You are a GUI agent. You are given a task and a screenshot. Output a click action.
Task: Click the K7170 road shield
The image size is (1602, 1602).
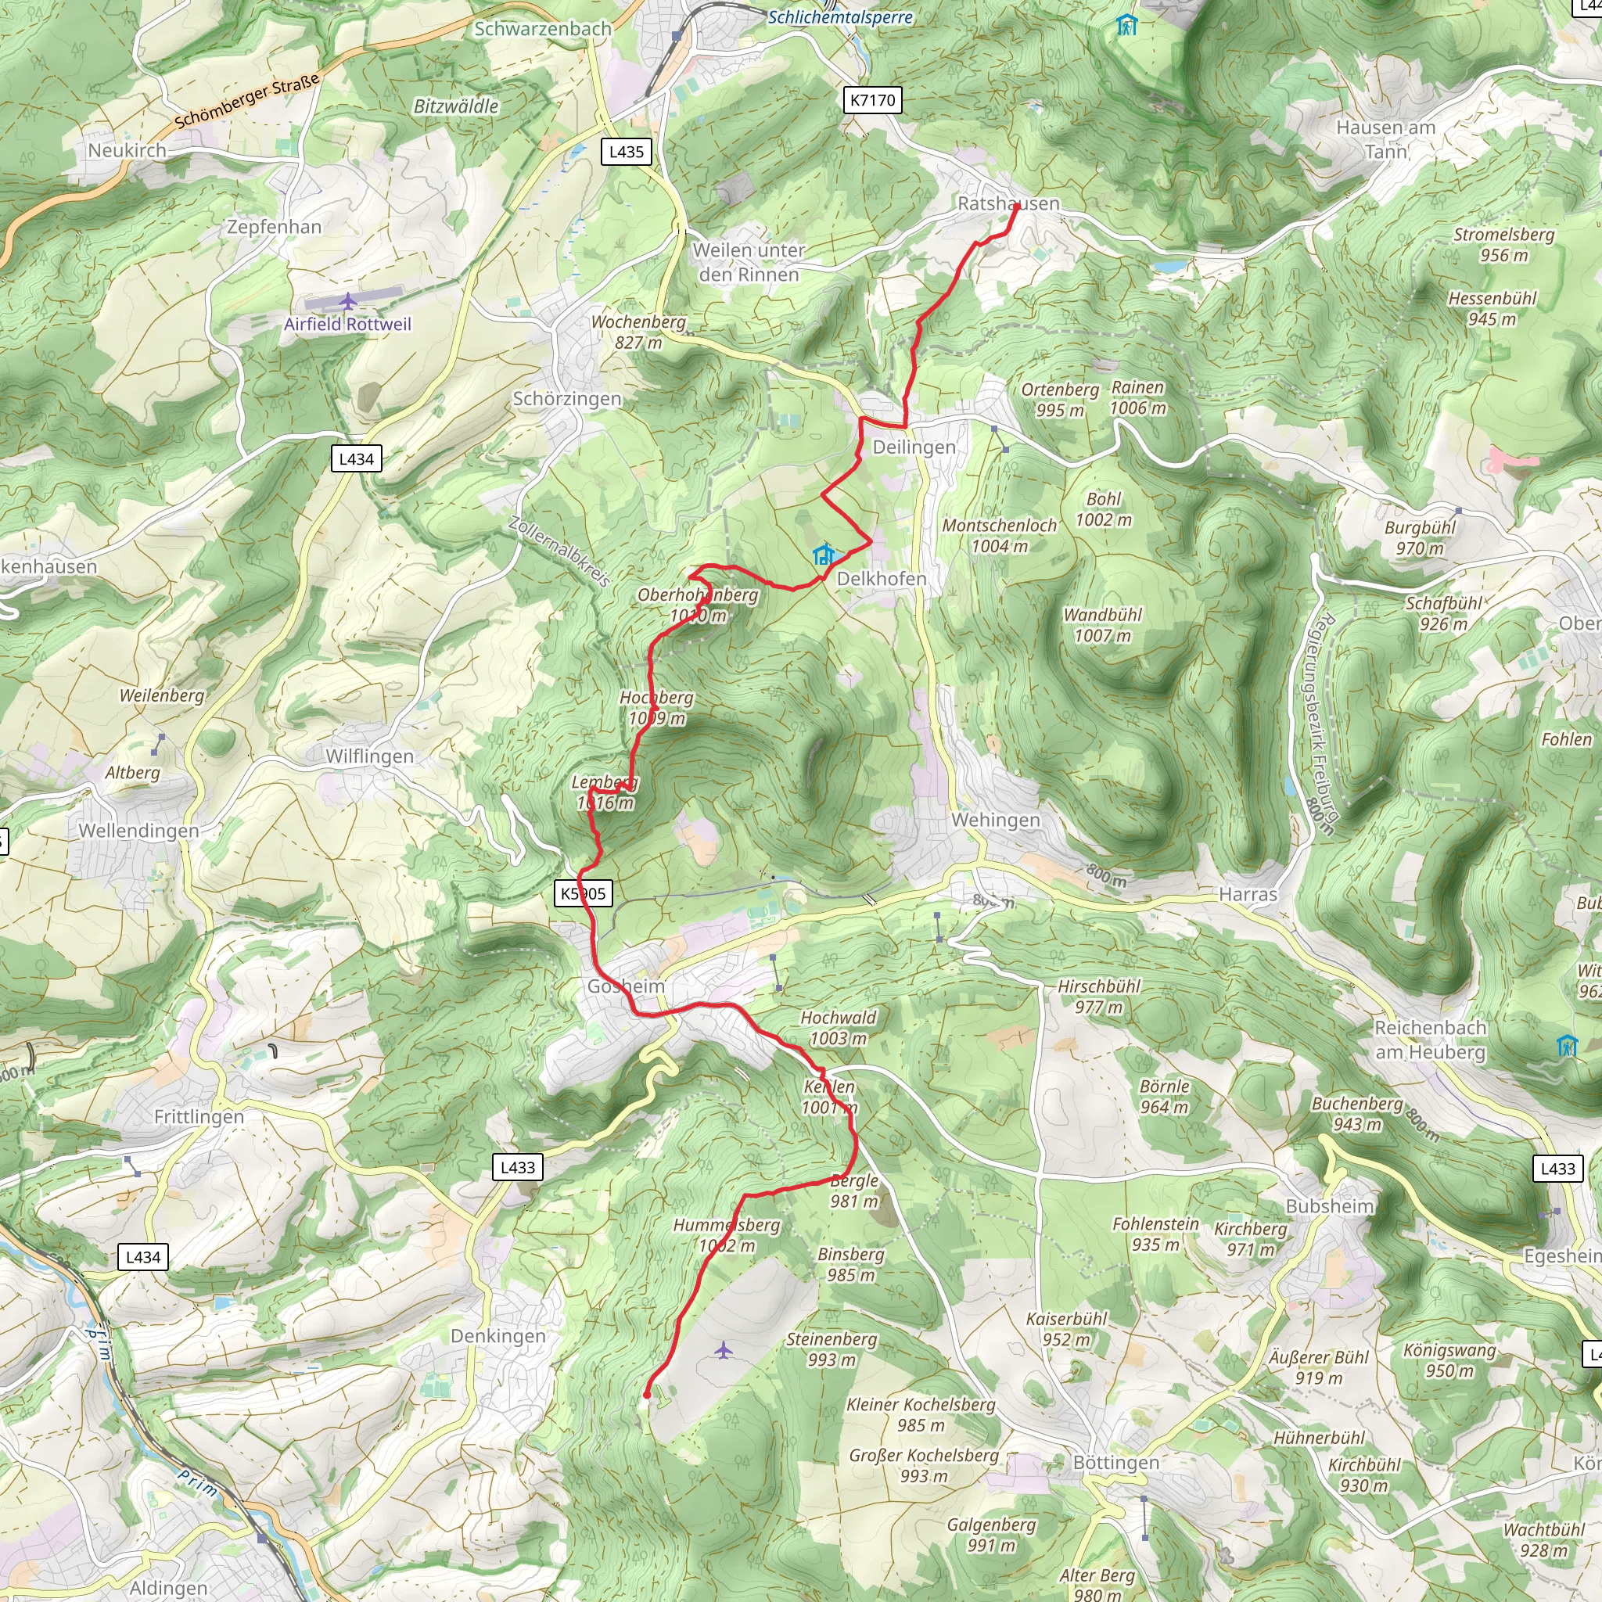click(x=872, y=100)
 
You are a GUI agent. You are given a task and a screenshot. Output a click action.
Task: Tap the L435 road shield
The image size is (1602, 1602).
click(x=626, y=152)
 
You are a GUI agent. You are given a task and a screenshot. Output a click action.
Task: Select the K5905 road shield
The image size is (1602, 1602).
click(x=583, y=894)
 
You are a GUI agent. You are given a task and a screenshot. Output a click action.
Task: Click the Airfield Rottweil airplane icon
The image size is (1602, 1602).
click(x=347, y=300)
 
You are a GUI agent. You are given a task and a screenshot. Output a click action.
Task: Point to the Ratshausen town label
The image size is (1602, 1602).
click(x=1008, y=203)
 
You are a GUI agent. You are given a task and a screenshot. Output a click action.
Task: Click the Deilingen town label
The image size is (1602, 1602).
click(x=914, y=447)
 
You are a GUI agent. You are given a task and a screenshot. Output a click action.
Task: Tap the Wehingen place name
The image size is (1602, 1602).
click(x=995, y=819)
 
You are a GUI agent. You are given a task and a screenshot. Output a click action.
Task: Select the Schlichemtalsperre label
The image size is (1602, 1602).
click(x=840, y=16)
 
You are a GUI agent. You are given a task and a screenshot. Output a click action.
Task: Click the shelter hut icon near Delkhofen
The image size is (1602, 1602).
click(x=823, y=554)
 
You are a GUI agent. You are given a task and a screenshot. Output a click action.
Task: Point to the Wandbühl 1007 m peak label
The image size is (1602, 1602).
click(x=1102, y=624)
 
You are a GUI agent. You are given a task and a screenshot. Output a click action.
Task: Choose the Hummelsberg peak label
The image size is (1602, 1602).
click(x=727, y=1234)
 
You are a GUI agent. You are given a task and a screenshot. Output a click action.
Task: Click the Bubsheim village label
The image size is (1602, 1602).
click(x=1329, y=1205)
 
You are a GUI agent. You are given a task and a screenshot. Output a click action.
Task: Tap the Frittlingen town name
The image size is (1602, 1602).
click(x=199, y=1117)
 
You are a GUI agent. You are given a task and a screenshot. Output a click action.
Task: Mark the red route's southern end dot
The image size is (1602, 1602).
click(x=647, y=1395)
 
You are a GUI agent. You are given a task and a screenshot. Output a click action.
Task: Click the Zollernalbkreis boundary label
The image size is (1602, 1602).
click(x=560, y=551)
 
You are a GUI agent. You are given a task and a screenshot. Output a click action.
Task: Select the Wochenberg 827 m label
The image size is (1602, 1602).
click(x=638, y=332)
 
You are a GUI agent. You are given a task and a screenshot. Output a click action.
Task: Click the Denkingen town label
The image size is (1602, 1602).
click(x=497, y=1336)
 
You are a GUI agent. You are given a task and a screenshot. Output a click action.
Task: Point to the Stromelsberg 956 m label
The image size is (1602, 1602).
click(x=1503, y=245)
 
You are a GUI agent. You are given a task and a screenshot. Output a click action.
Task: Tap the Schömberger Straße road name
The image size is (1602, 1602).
click(x=246, y=101)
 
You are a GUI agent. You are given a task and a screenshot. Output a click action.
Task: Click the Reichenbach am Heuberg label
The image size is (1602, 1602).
click(x=1430, y=1040)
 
